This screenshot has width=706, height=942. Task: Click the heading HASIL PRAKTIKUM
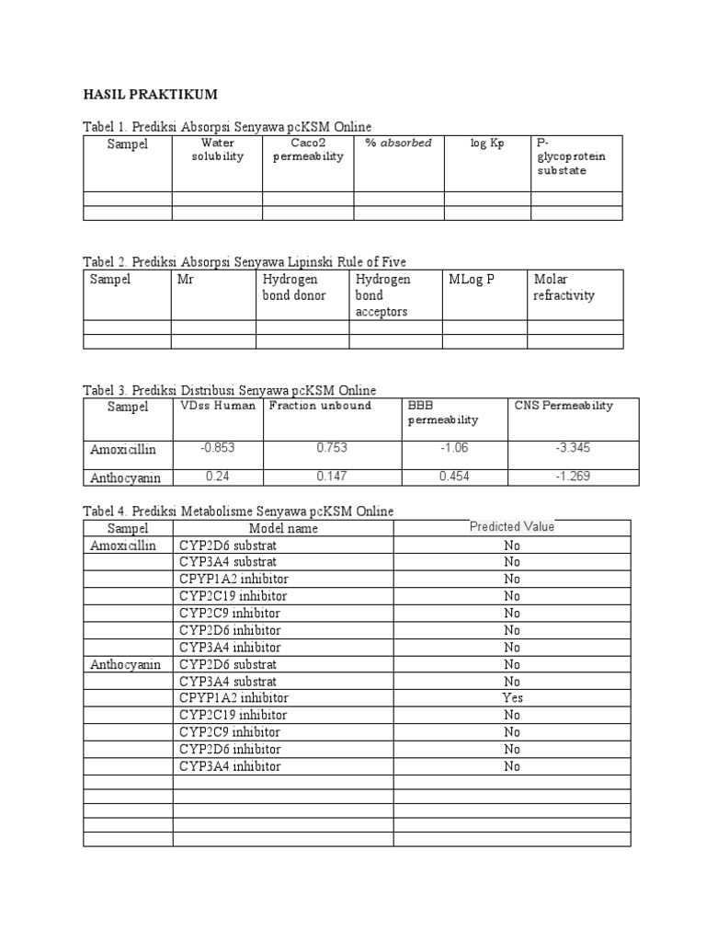(x=151, y=95)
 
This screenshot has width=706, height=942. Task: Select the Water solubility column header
(x=217, y=150)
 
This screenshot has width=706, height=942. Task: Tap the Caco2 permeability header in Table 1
(x=307, y=150)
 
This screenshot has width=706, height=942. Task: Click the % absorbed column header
(x=398, y=144)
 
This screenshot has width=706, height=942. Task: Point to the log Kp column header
(x=487, y=144)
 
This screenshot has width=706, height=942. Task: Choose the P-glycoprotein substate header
(x=571, y=157)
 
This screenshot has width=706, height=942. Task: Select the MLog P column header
(x=472, y=280)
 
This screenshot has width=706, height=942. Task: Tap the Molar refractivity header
(x=564, y=287)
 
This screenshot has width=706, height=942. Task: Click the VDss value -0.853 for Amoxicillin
(x=217, y=448)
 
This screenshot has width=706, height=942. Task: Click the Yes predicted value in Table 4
(x=512, y=698)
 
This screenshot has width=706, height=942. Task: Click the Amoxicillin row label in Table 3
(x=124, y=449)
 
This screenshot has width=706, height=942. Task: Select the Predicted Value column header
(x=512, y=527)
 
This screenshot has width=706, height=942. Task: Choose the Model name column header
(x=283, y=528)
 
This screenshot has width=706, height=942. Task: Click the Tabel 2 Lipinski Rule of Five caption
(x=244, y=262)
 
